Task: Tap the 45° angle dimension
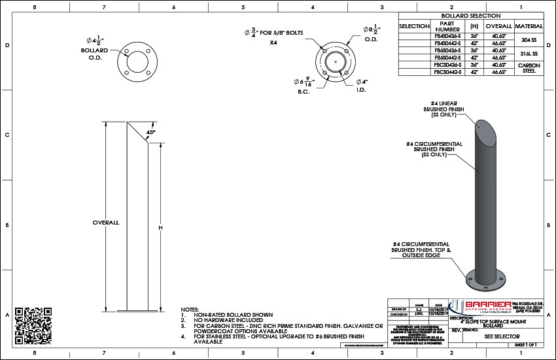pos(150,132)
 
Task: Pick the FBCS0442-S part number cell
pos(448,71)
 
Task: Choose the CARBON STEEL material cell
pos(529,68)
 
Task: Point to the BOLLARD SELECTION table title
pos(471,16)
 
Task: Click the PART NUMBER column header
pos(448,26)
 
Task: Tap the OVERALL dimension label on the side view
pos(105,223)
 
